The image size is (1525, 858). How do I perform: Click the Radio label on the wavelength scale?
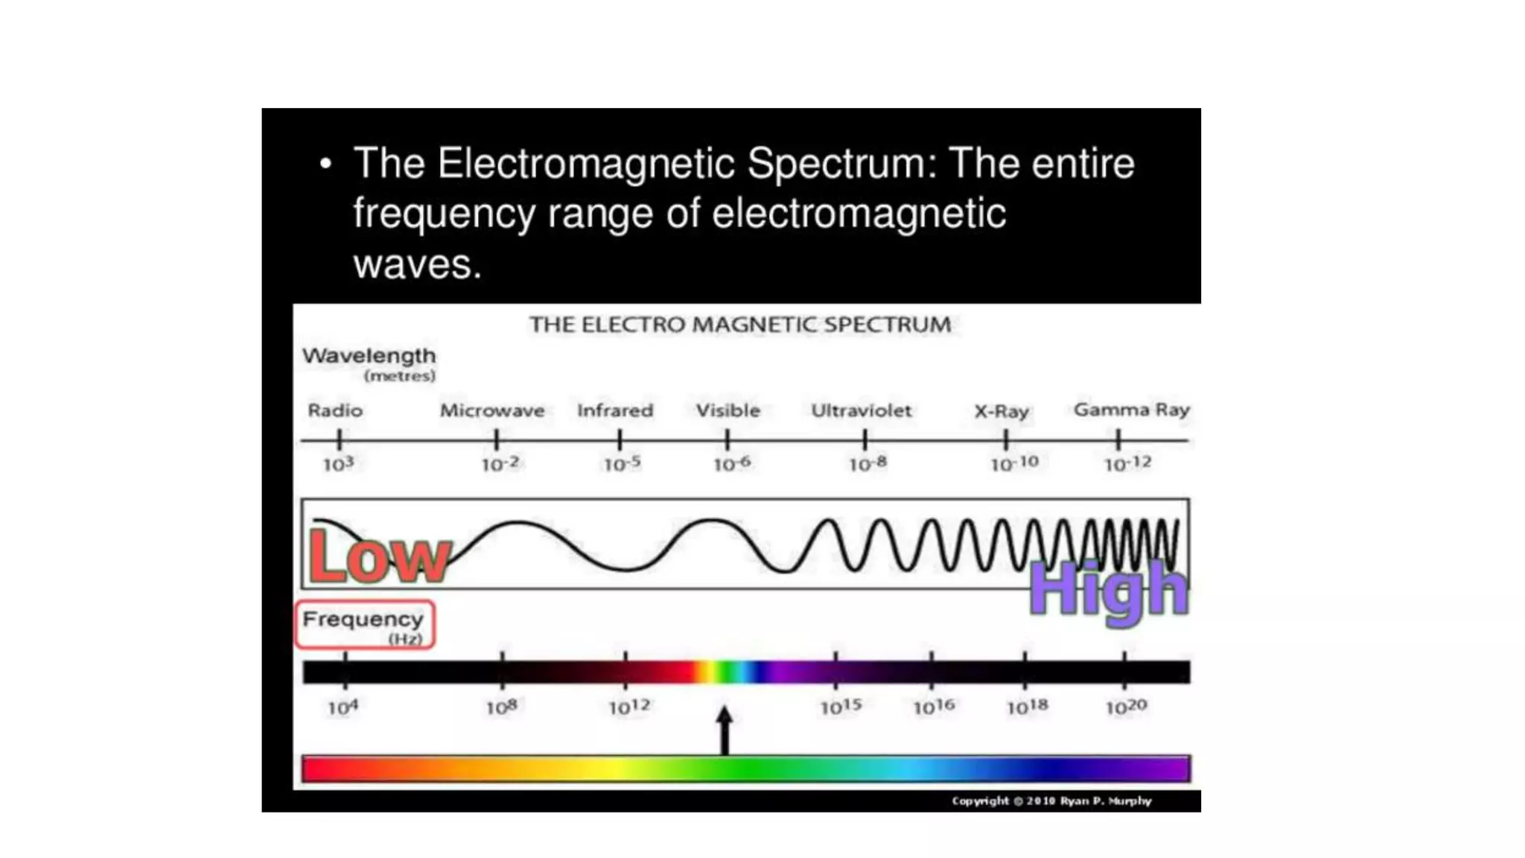(335, 410)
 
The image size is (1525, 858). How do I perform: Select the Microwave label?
(492, 410)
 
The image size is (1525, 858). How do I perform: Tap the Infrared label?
(615, 410)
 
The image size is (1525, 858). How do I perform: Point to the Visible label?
(728, 410)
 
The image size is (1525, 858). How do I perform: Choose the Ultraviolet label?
(861, 410)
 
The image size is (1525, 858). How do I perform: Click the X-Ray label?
(1002, 411)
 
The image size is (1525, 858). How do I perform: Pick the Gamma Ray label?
(1131, 410)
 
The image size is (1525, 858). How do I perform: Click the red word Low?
(379, 556)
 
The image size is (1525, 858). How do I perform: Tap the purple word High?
(1107, 591)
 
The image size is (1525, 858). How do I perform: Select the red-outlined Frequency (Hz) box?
(365, 625)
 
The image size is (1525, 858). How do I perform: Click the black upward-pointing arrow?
(725, 730)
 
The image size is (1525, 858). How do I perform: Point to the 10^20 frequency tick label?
(1126, 707)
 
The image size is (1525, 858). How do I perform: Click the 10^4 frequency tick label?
(343, 707)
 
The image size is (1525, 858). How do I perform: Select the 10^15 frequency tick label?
(841, 707)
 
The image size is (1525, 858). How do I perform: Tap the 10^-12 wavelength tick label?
(1127, 464)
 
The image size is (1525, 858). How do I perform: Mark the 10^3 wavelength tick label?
(338, 464)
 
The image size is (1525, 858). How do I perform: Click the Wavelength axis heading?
(369, 357)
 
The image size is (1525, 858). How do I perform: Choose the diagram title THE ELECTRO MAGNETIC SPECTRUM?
(740, 325)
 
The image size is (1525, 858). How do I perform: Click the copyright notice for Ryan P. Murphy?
(1051, 801)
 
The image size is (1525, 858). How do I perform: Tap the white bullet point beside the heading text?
(325, 164)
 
